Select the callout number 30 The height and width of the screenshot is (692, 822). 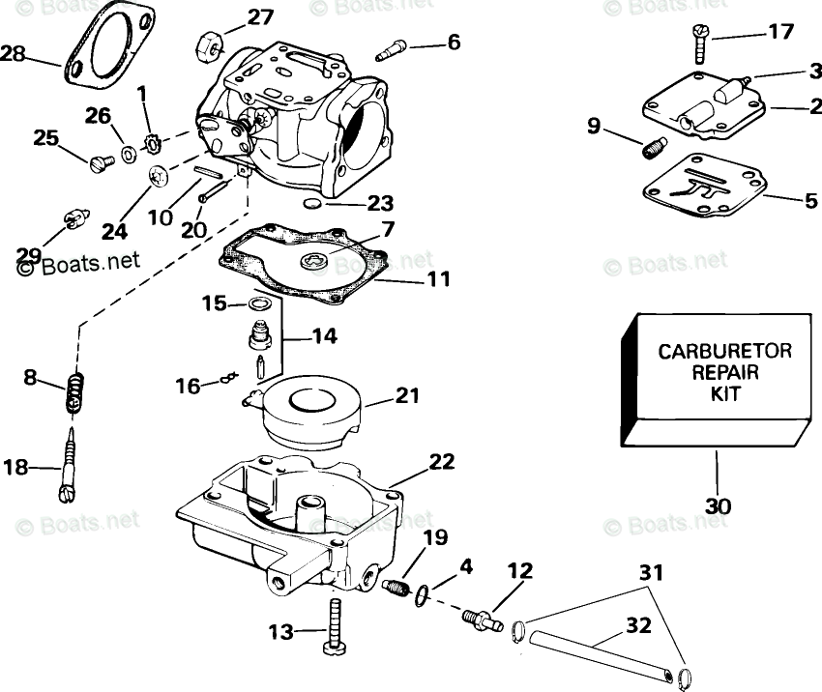pos(719,505)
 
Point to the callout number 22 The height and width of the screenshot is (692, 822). pos(441,462)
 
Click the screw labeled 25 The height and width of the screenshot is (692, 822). pos(97,163)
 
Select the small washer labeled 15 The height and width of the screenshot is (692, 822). pos(258,305)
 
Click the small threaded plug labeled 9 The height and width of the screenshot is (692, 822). pos(653,148)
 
